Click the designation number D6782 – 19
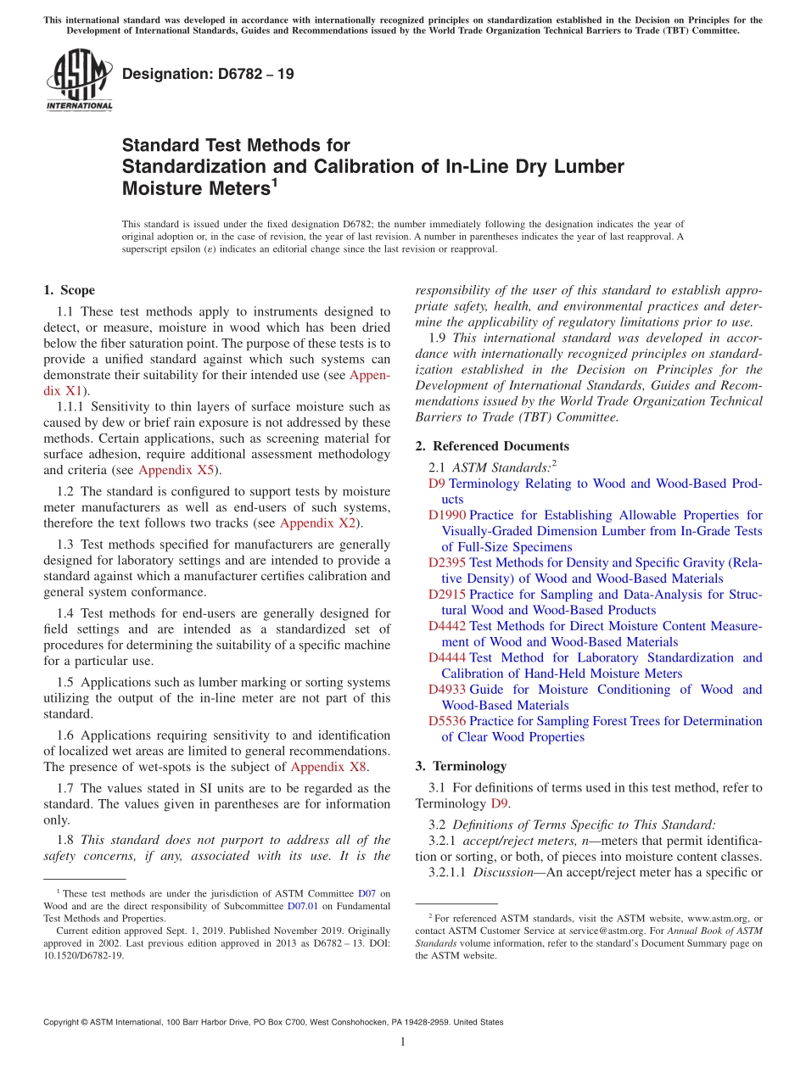(x=208, y=74)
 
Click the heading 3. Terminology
(x=461, y=766)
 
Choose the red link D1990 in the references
(x=447, y=516)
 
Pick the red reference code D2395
(x=447, y=563)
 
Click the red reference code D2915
(x=447, y=595)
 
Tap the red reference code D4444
(x=447, y=658)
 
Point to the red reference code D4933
(x=447, y=690)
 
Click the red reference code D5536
(x=447, y=722)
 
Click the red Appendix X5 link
(x=177, y=471)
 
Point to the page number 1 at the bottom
(x=403, y=1043)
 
